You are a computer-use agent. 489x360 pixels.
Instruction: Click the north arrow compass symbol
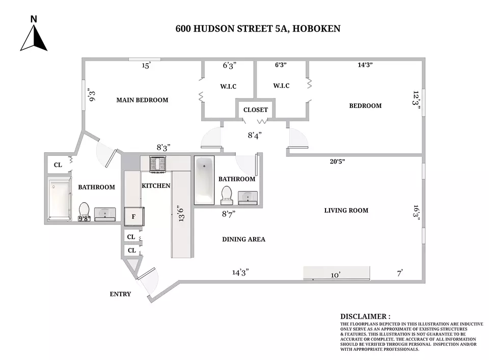pyautogui.click(x=34, y=34)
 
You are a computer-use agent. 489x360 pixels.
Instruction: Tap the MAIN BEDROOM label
pyautogui.click(x=142, y=100)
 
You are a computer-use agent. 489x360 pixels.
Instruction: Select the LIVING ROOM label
pyautogui.click(x=346, y=210)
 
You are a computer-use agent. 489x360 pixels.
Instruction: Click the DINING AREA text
pyautogui.click(x=243, y=239)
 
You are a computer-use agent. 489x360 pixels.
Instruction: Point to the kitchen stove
pyautogui.click(x=157, y=164)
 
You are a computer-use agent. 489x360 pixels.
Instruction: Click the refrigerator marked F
pyautogui.click(x=134, y=216)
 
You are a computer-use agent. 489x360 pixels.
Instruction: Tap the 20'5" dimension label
pyautogui.click(x=337, y=161)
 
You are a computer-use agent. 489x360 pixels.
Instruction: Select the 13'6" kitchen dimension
pyautogui.click(x=181, y=213)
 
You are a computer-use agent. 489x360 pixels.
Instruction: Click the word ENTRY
pyautogui.click(x=120, y=294)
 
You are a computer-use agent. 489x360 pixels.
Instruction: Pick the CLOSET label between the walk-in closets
pyautogui.click(x=255, y=109)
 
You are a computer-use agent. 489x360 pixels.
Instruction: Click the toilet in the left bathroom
pyautogui.click(x=84, y=212)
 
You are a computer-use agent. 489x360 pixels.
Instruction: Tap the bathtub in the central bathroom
pyautogui.click(x=204, y=180)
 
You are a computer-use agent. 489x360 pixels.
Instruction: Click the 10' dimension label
pyautogui.click(x=335, y=275)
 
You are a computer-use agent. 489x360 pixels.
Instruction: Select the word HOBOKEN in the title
pyautogui.click(x=316, y=29)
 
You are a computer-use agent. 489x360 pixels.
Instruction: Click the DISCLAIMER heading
pyautogui.click(x=365, y=317)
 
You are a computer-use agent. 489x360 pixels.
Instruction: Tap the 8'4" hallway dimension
pyautogui.click(x=255, y=135)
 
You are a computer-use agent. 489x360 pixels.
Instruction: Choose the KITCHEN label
pyautogui.click(x=156, y=186)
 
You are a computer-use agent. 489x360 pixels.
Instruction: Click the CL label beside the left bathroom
pyautogui.click(x=58, y=165)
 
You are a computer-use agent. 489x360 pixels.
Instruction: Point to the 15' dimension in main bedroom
pyautogui.click(x=146, y=66)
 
